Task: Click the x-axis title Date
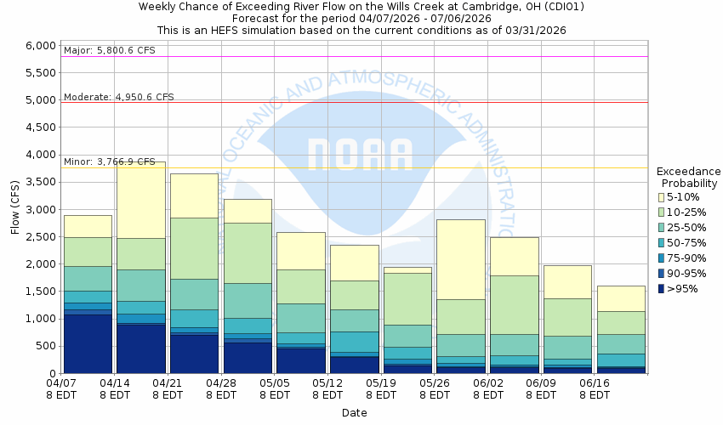tap(354, 412)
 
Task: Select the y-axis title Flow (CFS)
tap(15, 209)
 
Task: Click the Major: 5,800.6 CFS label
tap(109, 51)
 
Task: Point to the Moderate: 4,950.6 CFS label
tap(119, 97)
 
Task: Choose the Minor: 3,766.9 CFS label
tap(110, 161)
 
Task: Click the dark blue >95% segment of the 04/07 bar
tap(88, 343)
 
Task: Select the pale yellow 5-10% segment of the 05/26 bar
tap(460, 259)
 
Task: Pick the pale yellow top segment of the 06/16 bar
tap(620, 298)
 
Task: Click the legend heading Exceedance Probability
tap(688, 177)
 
